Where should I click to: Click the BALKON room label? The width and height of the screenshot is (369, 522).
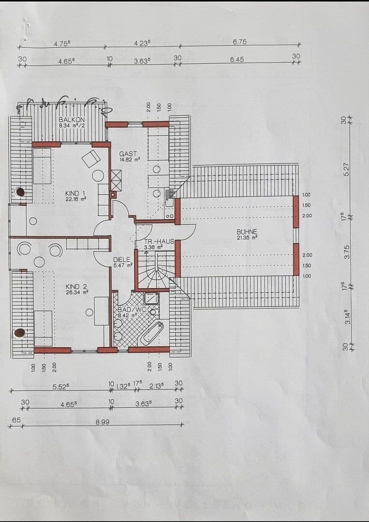72,119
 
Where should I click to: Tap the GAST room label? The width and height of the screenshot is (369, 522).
128,154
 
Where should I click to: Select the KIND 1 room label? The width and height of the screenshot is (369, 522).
75,193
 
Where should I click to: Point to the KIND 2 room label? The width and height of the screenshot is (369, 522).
76,287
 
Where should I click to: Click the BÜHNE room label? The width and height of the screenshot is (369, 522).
247,232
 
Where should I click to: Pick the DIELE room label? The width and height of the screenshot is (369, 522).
122,260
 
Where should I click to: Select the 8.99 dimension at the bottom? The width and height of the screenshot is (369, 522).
102,421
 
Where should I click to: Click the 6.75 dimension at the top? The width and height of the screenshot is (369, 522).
239,42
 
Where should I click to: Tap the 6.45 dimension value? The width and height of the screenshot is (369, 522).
237,59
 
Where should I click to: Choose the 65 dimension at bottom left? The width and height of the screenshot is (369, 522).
16,420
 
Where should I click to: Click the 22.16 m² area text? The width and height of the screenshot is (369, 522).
76,198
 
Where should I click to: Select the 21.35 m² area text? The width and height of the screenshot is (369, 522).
247,237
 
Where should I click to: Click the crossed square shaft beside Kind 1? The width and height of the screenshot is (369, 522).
116,180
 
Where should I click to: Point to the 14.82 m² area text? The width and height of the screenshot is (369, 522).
130,159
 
